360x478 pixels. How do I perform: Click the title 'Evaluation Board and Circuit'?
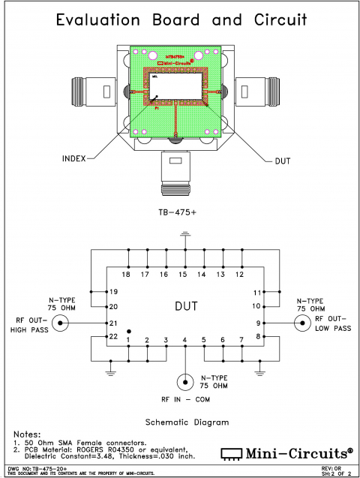tap(180, 21)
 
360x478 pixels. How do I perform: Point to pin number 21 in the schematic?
tap(114, 323)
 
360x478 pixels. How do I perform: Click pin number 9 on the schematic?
tap(257, 323)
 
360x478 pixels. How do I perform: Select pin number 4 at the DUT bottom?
tap(184, 341)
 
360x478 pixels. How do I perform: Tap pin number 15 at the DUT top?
tap(182, 275)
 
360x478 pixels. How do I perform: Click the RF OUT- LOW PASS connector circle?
tap(302, 323)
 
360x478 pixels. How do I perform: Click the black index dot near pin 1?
tap(129, 331)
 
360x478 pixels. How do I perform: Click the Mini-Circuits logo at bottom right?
tap(286, 454)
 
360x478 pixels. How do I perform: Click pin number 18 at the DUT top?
tap(126, 275)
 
